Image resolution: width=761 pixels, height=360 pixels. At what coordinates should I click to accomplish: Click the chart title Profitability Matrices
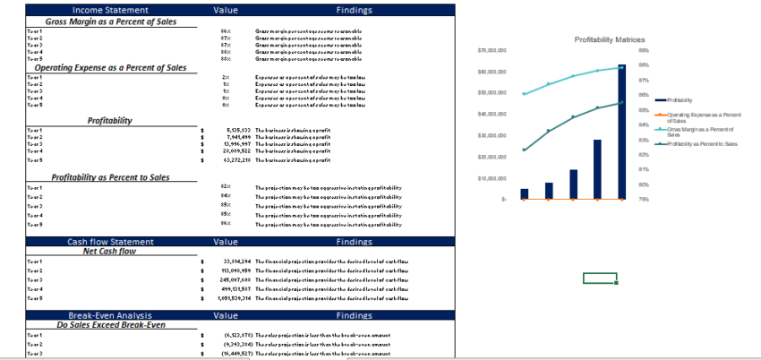[x=609, y=40]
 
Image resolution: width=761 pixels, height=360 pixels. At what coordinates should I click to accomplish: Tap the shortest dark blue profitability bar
[x=525, y=193]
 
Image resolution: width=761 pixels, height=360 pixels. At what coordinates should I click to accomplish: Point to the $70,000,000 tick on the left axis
[x=493, y=51]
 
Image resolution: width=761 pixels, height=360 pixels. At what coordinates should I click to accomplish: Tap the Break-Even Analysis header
[x=110, y=316]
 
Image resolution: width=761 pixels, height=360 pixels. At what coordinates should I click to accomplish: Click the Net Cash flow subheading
[x=109, y=252]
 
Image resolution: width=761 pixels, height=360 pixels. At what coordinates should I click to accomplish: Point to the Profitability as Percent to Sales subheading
[x=110, y=177]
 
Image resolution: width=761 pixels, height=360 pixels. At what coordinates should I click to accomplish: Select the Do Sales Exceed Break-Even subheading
[x=110, y=325]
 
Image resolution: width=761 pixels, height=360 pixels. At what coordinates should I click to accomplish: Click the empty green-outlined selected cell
[x=600, y=279]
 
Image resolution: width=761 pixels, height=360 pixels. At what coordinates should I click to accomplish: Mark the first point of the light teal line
[x=525, y=94]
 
